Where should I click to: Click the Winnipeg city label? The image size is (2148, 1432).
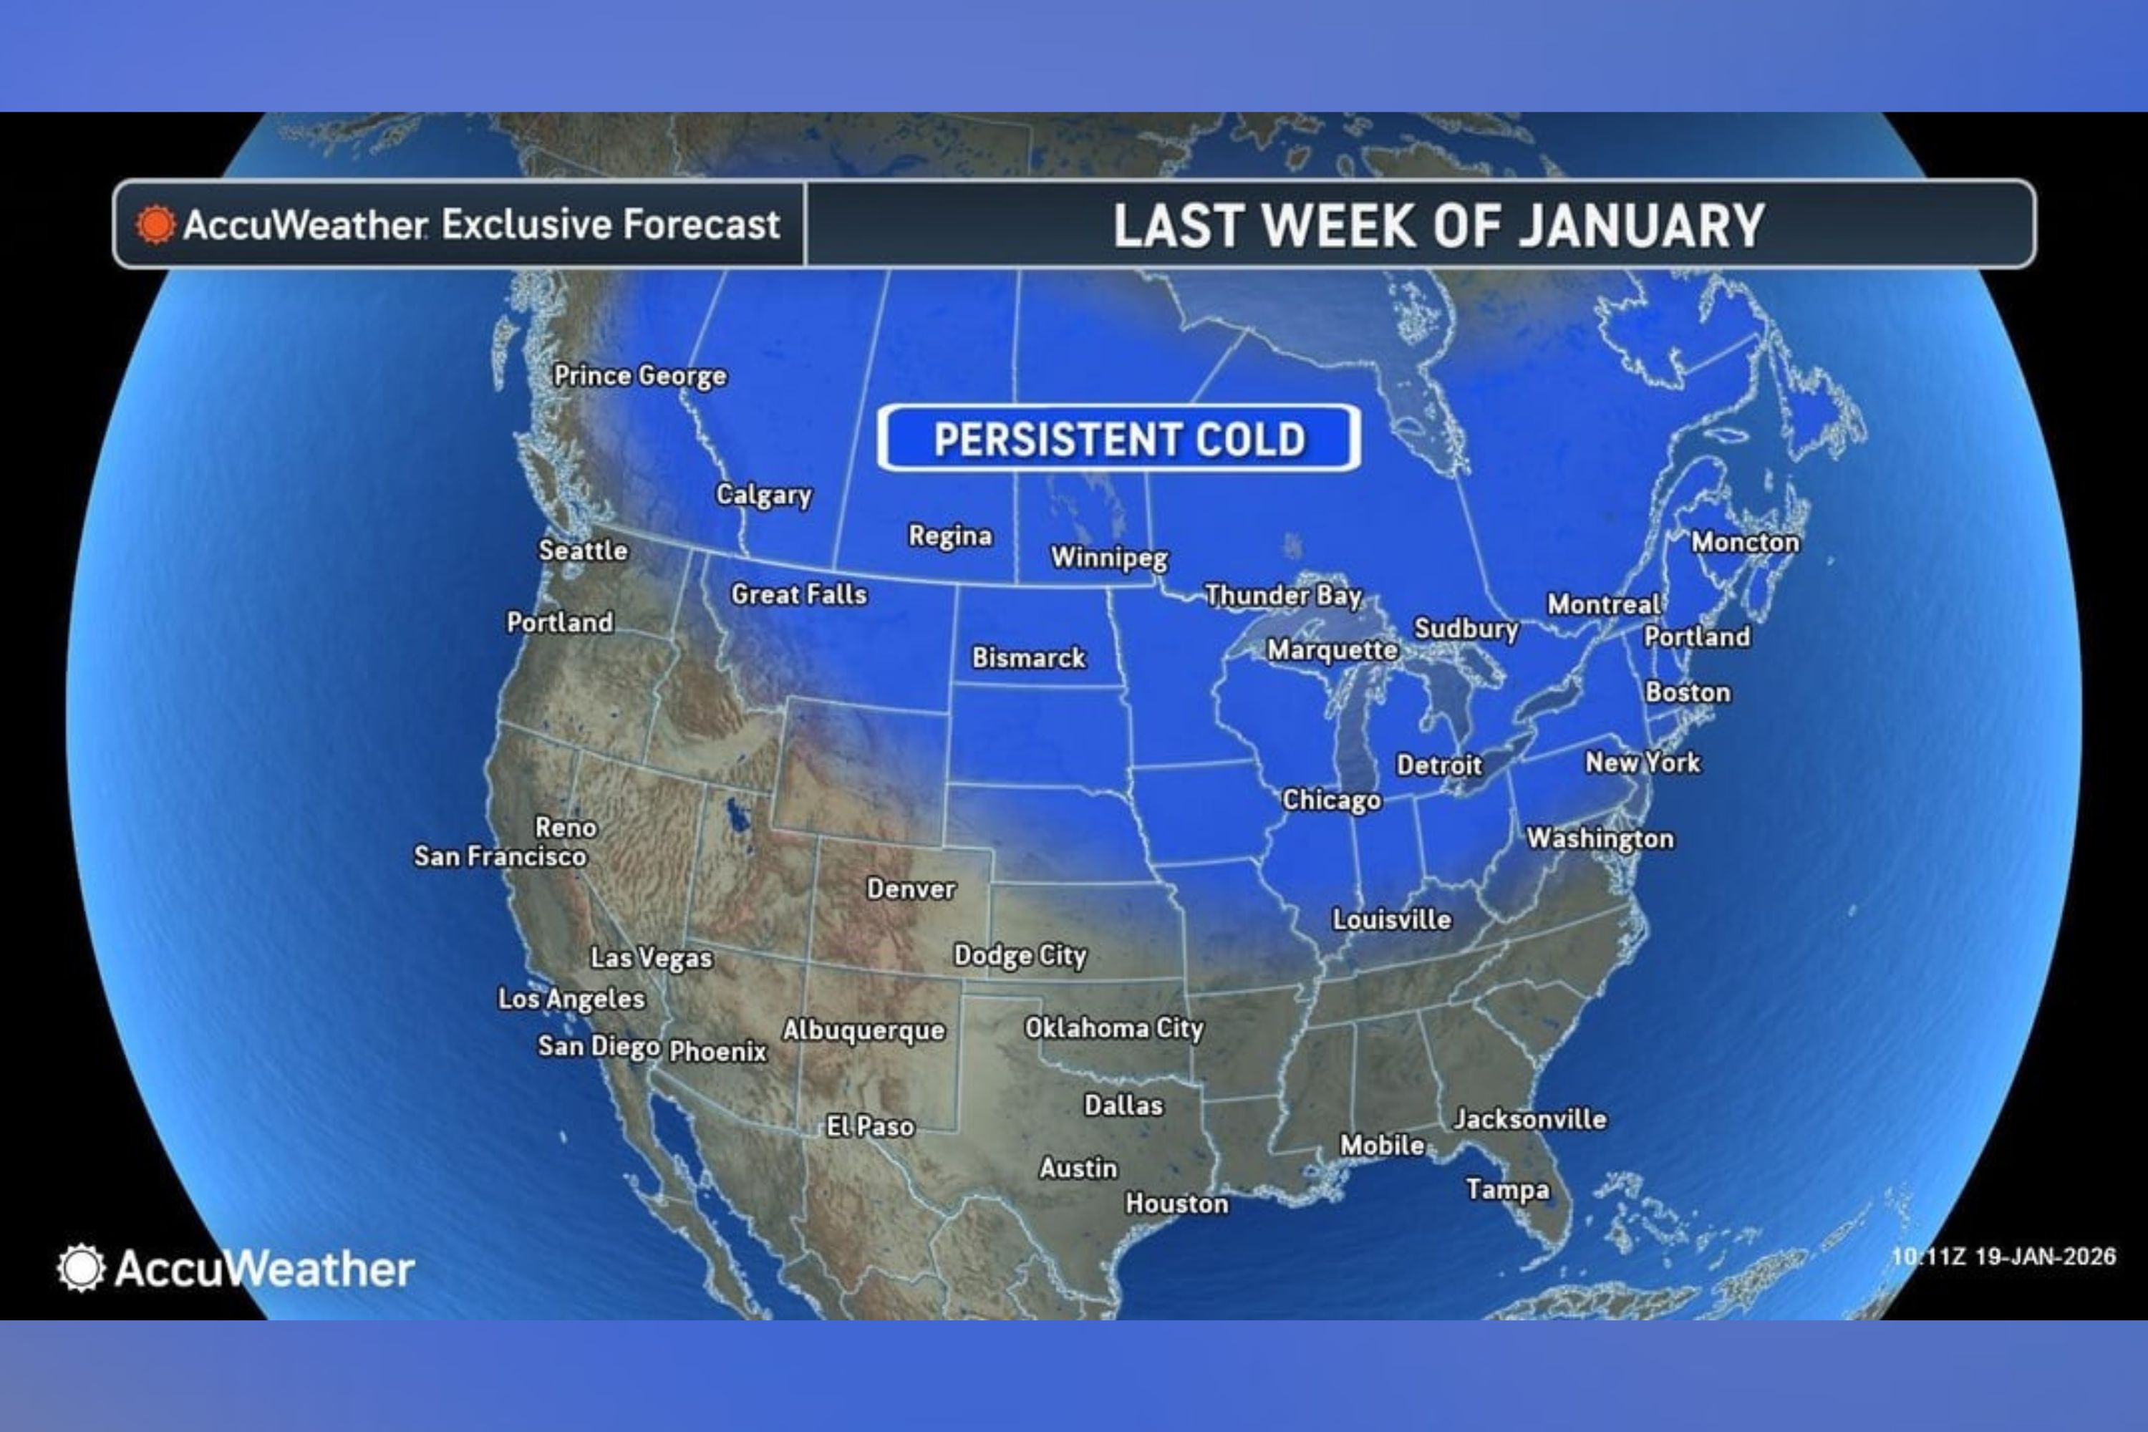pyautogui.click(x=1108, y=557)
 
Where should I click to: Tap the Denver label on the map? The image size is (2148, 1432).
pyautogui.click(x=911, y=889)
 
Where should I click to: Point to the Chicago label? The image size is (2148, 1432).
pyautogui.click(x=1330, y=800)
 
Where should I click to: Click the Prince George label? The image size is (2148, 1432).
pyautogui.click(x=639, y=375)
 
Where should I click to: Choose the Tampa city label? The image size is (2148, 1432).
pyautogui.click(x=1507, y=1189)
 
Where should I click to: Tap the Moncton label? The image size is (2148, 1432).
pyautogui.click(x=1744, y=543)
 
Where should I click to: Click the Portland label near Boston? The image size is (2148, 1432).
pyautogui.click(x=1697, y=637)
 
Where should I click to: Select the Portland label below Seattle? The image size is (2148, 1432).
pyautogui.click(x=559, y=623)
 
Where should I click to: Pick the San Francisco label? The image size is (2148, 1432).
pyautogui.click(x=500, y=856)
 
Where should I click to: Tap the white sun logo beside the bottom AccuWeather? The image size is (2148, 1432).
pyautogui.click(x=80, y=1267)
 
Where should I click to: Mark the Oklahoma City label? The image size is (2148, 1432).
pyautogui.click(x=1113, y=1028)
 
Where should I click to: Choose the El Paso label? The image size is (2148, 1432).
pyautogui.click(x=869, y=1126)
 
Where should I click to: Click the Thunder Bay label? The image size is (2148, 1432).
pyautogui.click(x=1283, y=596)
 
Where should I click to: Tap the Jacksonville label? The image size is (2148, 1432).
pyautogui.click(x=1529, y=1118)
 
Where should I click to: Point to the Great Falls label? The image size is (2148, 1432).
pyautogui.click(x=798, y=594)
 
